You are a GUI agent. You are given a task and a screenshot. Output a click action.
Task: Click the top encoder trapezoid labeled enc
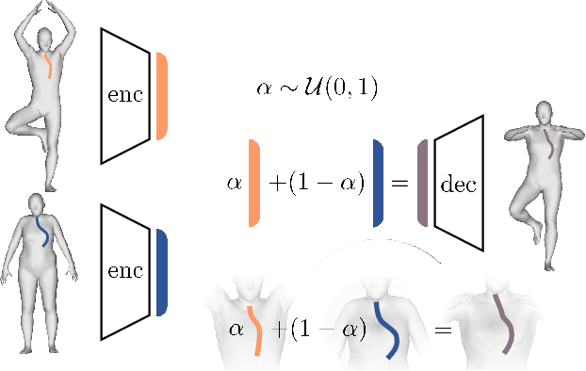click(125, 95)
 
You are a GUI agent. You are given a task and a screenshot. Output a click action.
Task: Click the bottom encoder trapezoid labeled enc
click(125, 271)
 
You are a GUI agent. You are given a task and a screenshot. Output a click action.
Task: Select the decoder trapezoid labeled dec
click(459, 183)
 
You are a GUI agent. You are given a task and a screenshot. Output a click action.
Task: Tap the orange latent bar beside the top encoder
click(162, 96)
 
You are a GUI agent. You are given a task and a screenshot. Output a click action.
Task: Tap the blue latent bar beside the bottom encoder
click(162, 271)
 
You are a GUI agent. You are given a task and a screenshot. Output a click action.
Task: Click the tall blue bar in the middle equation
click(377, 183)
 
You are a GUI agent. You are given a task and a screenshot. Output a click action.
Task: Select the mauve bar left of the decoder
click(423, 183)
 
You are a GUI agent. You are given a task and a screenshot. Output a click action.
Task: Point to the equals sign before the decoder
click(399, 184)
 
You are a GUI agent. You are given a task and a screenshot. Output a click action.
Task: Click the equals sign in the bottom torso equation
click(443, 331)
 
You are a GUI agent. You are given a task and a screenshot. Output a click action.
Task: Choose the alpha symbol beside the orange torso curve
click(236, 331)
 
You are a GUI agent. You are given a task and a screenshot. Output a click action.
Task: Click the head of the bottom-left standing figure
click(37, 202)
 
